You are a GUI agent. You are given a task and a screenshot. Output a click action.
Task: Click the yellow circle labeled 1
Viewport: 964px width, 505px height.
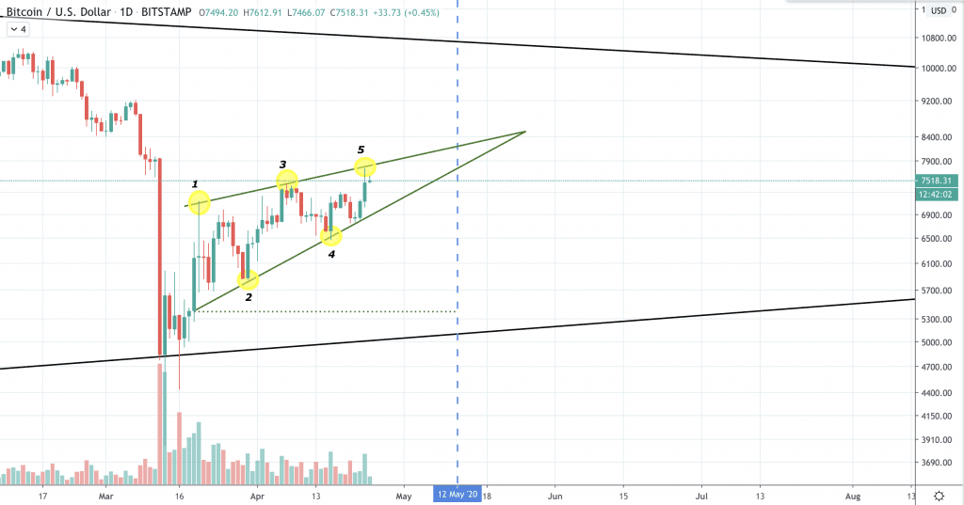pyautogui.click(x=199, y=202)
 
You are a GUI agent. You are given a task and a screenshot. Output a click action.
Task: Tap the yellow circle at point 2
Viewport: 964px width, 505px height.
pyautogui.click(x=249, y=280)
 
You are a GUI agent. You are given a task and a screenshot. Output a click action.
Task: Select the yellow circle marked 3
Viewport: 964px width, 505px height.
pyautogui.click(x=287, y=180)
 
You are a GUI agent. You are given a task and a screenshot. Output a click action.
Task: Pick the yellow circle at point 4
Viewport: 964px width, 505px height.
pyautogui.click(x=331, y=236)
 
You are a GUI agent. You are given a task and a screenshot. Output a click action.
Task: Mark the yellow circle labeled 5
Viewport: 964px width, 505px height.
pyautogui.click(x=365, y=166)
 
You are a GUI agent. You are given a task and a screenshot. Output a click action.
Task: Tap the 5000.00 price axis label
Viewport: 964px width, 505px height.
pyautogui.click(x=939, y=342)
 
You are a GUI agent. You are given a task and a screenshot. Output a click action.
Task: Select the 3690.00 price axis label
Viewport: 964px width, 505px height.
pyautogui.click(x=939, y=463)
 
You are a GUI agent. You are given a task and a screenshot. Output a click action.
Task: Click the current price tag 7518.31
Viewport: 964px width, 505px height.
pyautogui.click(x=939, y=181)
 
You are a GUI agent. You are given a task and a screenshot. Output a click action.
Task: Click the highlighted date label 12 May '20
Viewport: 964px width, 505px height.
pyautogui.click(x=457, y=494)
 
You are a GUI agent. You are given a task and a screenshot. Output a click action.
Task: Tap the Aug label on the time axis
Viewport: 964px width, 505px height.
pyautogui.click(x=852, y=494)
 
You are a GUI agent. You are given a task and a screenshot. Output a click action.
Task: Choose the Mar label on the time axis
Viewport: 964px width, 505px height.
pyautogui.click(x=106, y=494)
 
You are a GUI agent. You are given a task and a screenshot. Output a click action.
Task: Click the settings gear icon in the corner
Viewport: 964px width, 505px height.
pyautogui.click(x=940, y=495)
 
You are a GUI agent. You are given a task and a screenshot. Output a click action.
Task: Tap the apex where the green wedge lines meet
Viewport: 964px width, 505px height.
pyautogui.click(x=524, y=132)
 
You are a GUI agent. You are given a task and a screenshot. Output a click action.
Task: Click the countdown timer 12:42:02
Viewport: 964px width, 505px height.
pyautogui.click(x=939, y=194)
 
